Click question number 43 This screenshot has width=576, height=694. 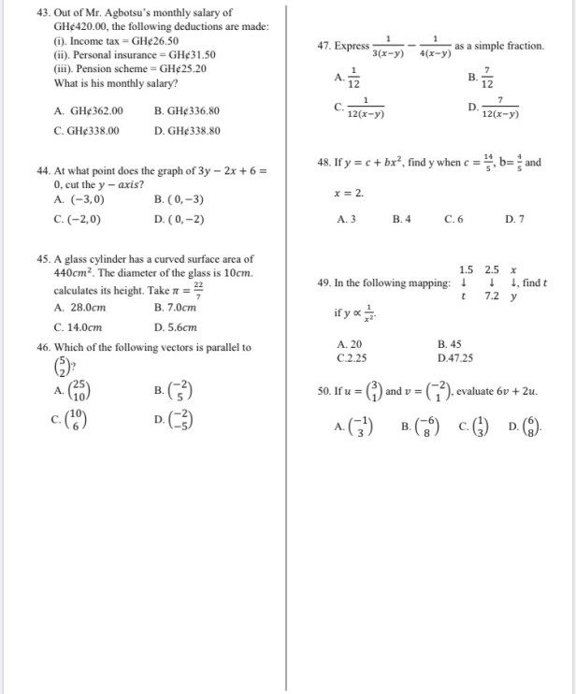(44, 13)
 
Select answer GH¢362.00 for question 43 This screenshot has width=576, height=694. (89, 110)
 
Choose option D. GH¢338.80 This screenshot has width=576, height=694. (187, 131)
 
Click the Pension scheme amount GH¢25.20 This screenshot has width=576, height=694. (183, 68)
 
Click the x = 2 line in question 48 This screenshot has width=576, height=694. (349, 193)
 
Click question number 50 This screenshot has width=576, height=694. (324, 390)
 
